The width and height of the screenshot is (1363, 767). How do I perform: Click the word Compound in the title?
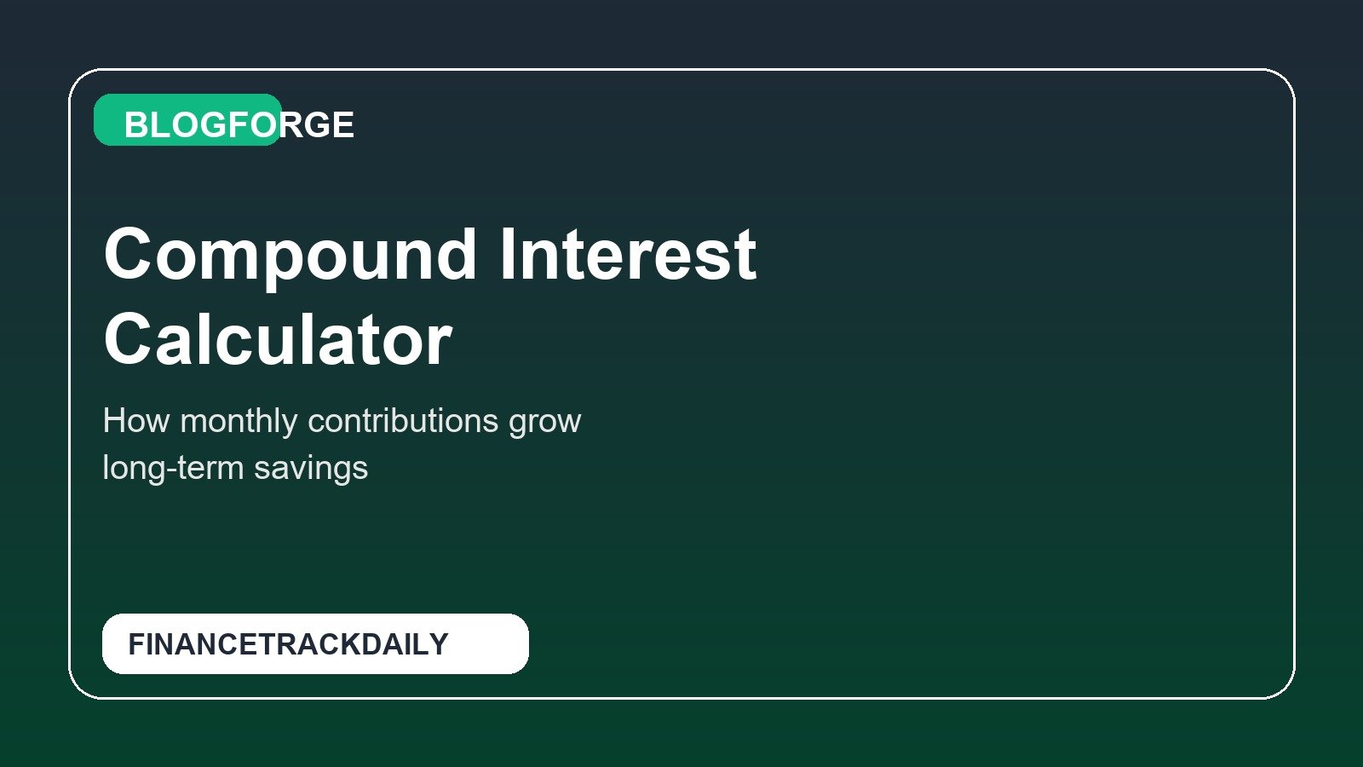(x=290, y=255)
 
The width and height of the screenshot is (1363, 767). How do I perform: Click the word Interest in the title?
(x=627, y=255)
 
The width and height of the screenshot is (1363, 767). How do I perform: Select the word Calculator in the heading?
(x=278, y=340)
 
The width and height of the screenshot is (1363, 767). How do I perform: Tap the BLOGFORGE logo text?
(x=239, y=125)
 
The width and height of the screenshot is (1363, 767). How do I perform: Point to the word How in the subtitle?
(x=135, y=421)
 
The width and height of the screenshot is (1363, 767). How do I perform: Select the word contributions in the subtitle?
(x=403, y=421)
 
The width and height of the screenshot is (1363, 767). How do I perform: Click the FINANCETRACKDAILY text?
(x=288, y=644)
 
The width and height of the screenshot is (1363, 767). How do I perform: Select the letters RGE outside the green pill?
(x=318, y=125)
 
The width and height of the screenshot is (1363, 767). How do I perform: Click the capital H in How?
(x=114, y=421)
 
